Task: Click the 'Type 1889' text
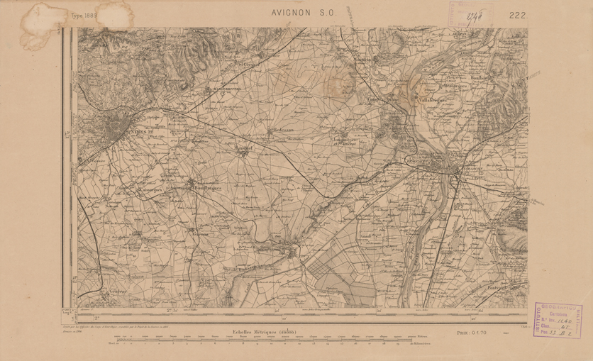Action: click(84, 15)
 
